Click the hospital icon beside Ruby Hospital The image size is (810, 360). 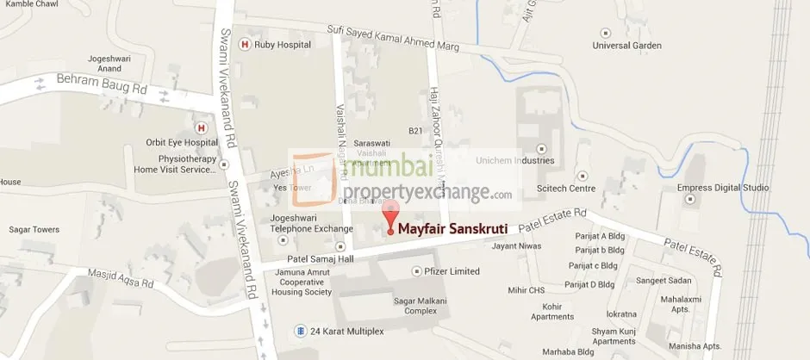pos(246,45)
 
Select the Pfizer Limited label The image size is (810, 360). pos(452,271)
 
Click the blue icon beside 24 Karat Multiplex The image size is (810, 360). pos(299,330)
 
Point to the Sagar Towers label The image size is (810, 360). pos(34,230)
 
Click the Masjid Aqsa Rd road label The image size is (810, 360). pos(121,278)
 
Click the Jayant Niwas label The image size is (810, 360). pos(515,246)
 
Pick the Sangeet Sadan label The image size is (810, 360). pos(663,281)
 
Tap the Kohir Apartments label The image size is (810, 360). pos(552,312)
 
